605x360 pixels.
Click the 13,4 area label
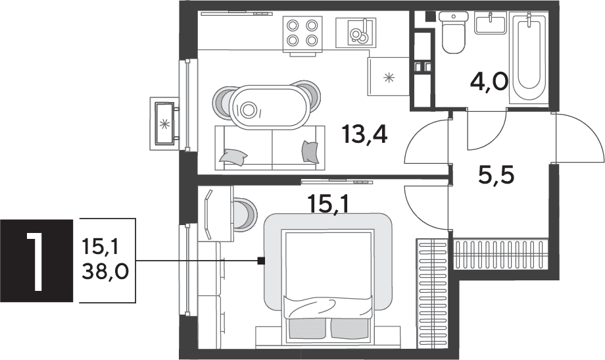tap(364, 135)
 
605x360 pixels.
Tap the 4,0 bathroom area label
tap(489, 82)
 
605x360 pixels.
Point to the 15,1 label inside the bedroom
tap(328, 203)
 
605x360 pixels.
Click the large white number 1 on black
tap(36, 261)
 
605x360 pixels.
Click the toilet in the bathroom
tap(453, 33)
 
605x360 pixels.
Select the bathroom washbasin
tap(491, 22)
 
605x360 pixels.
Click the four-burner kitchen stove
tap(302, 34)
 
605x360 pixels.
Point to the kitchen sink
tap(355, 33)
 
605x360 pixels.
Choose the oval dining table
tap(270, 106)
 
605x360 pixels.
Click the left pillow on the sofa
tap(233, 157)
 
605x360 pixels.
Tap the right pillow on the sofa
tap(310, 152)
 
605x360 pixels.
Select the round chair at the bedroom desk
tap(244, 215)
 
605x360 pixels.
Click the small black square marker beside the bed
tap(261, 261)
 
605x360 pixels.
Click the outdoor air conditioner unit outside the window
tap(164, 124)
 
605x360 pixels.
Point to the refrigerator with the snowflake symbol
tap(389, 76)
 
